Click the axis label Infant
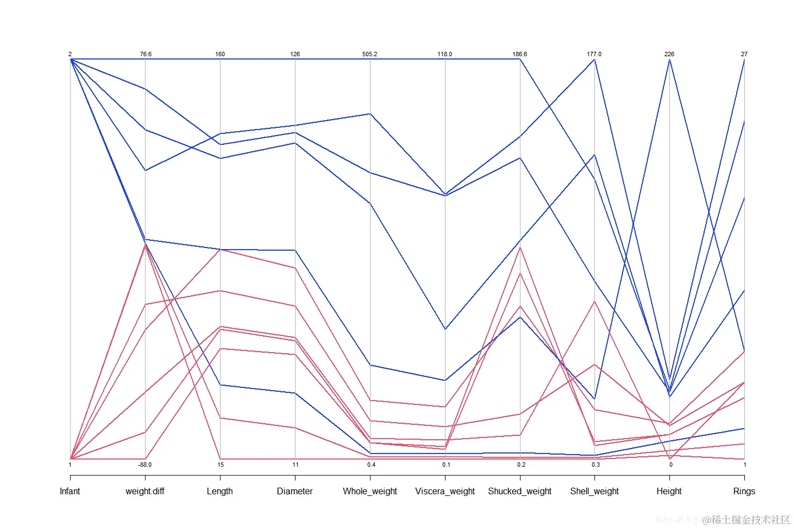(70, 491)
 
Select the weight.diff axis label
(145, 491)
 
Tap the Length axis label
(220, 491)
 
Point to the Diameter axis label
(294, 491)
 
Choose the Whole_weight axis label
(370, 491)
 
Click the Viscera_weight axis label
(445, 491)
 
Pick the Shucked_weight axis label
(519, 491)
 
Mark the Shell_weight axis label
(594, 491)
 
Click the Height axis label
(669, 491)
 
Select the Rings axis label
(744, 491)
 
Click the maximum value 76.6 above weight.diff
(146, 54)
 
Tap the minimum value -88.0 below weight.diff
(144, 465)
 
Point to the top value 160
(220, 54)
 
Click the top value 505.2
(370, 54)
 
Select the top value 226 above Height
(669, 54)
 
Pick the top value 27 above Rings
(744, 54)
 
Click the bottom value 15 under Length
(221, 465)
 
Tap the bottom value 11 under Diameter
(296, 465)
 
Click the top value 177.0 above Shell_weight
(594, 54)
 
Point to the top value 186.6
(519, 54)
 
